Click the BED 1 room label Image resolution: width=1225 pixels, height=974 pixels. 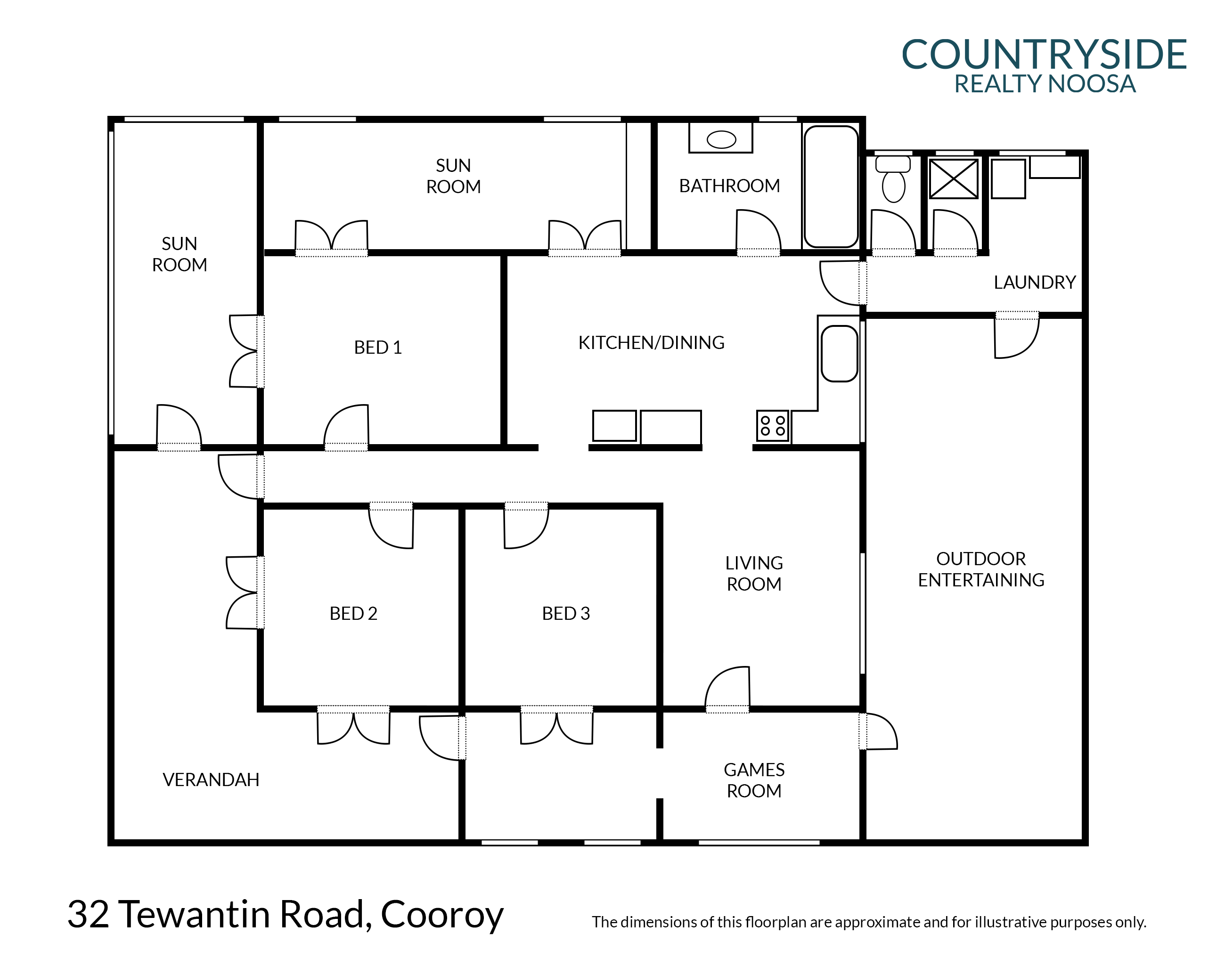(378, 347)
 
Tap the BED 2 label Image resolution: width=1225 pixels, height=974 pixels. (353, 613)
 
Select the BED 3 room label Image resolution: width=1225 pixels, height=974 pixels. (566, 613)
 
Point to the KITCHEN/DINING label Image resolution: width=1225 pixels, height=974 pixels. (651, 342)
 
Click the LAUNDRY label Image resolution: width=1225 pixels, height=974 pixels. (1035, 282)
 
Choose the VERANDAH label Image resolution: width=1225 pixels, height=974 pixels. (211, 780)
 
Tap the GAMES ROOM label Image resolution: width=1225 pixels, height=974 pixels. (754, 780)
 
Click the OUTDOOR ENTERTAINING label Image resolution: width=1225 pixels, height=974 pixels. (981, 569)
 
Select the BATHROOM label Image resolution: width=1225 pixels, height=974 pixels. (729, 186)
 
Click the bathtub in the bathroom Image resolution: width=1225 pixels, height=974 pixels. (831, 187)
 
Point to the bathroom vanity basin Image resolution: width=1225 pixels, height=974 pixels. (721, 138)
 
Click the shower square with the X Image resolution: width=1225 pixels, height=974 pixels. (954, 179)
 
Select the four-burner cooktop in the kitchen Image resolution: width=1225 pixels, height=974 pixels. (773, 426)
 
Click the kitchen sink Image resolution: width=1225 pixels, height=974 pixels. (839, 353)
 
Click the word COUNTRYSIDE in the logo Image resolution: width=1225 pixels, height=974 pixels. (1044, 55)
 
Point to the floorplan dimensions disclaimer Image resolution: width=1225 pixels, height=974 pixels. (869, 922)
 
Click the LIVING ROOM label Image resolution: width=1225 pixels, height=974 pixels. (754, 574)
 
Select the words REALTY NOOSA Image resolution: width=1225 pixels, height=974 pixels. (1045, 84)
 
